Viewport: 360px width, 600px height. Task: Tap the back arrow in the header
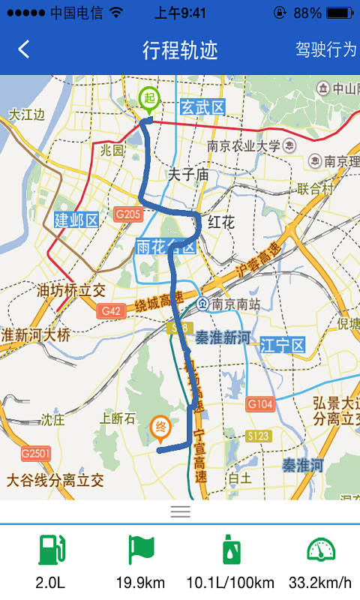[x=24, y=49]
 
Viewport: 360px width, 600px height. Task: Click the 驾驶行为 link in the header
[x=326, y=49]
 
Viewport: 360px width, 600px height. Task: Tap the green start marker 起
[x=149, y=98]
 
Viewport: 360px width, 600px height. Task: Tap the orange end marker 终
[x=160, y=427]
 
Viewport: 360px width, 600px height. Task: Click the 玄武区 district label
[x=202, y=108]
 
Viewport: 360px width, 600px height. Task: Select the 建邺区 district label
[x=76, y=220]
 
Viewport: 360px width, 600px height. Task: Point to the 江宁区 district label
[x=283, y=346]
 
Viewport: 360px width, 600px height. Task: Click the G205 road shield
[x=128, y=215]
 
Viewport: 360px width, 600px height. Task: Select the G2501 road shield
[x=35, y=453]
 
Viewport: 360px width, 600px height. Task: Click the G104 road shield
[x=259, y=404]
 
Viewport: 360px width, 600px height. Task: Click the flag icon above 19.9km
[x=140, y=550]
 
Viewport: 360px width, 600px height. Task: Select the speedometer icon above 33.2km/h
[x=321, y=550]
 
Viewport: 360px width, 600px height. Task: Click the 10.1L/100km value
[x=230, y=583]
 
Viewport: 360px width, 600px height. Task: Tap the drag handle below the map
[x=180, y=512]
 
